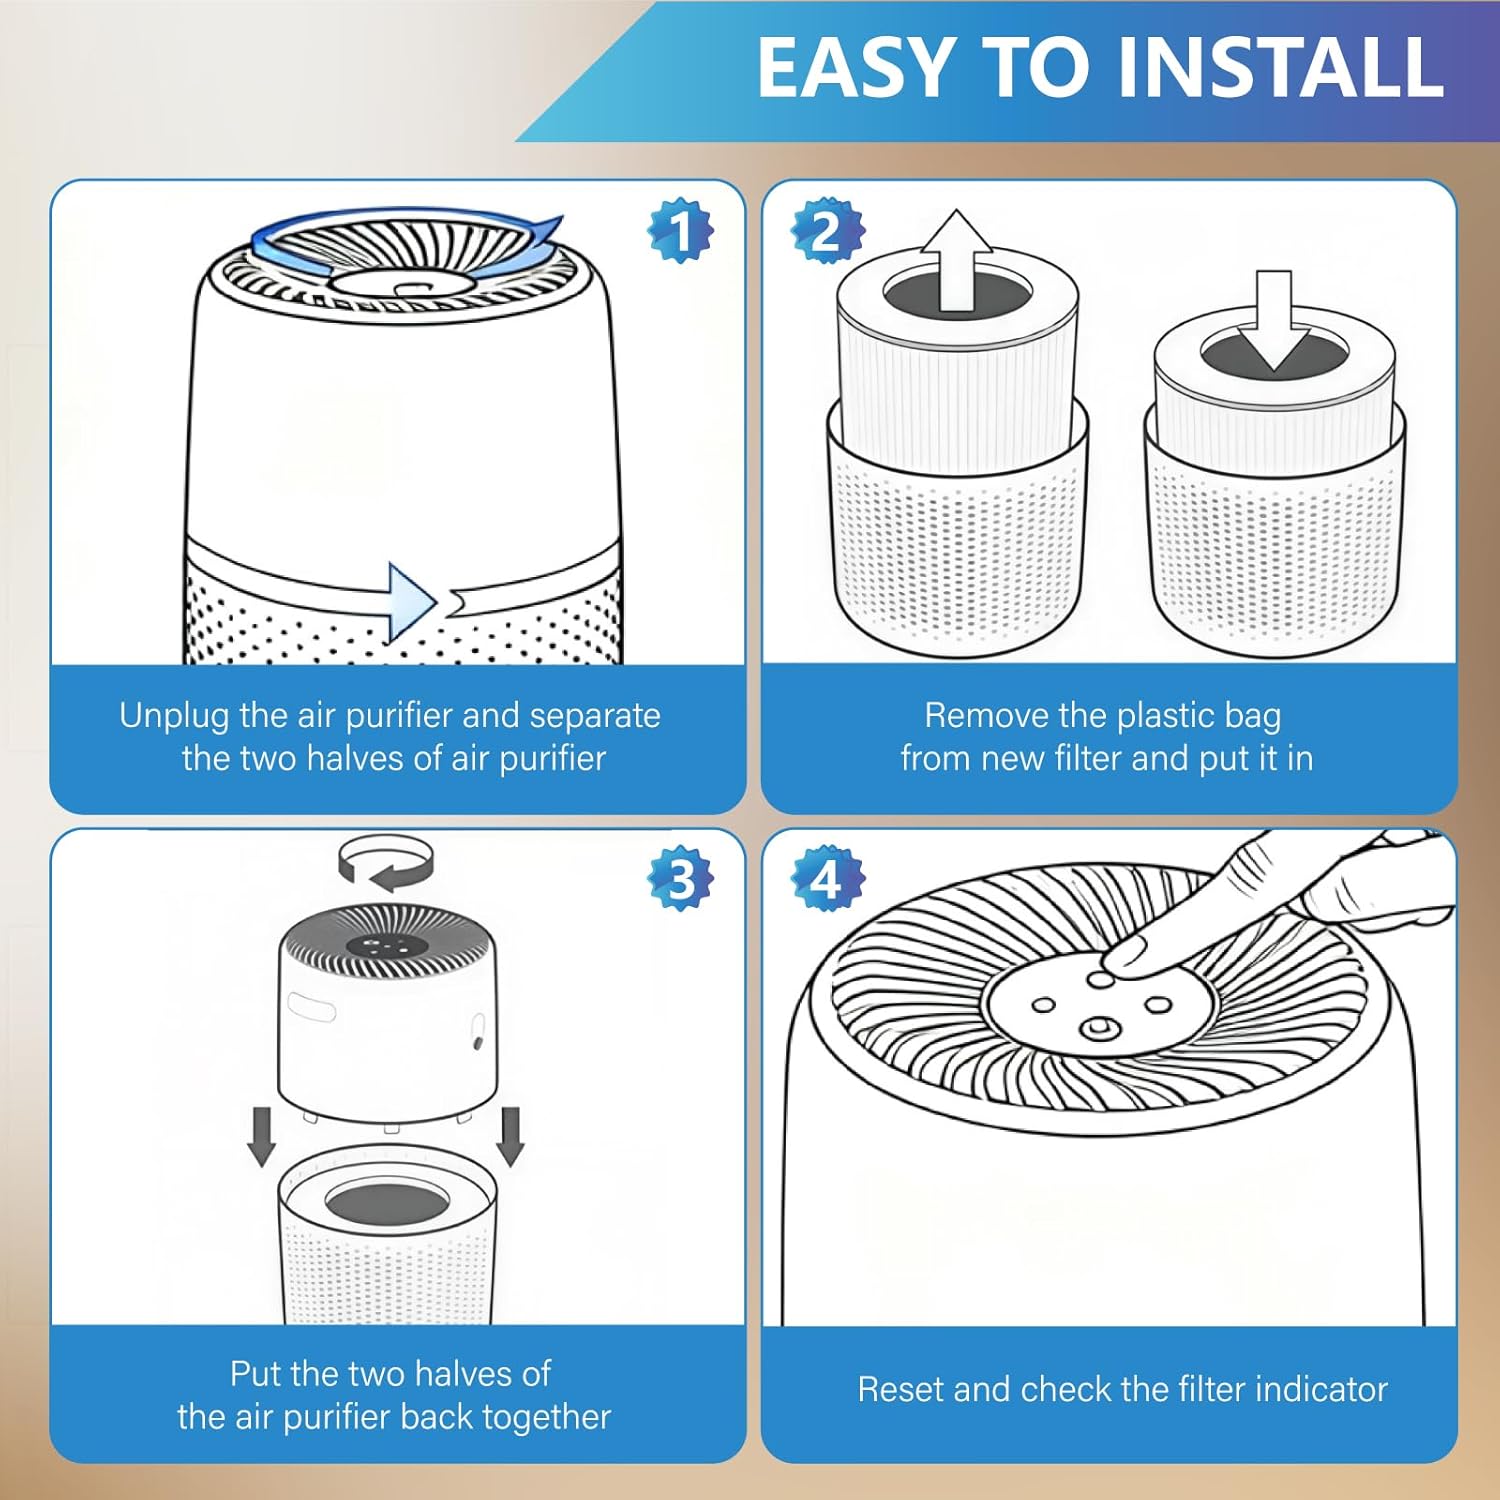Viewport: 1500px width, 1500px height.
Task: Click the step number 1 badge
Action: (x=681, y=231)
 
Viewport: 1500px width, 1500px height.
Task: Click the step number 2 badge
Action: (x=827, y=231)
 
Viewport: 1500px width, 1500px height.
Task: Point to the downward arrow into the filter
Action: (x=1273, y=320)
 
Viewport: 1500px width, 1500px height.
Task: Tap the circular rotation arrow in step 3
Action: (x=386, y=863)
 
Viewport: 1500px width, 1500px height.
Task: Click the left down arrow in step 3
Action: (x=262, y=1136)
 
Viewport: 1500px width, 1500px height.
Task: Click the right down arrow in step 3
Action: (x=511, y=1136)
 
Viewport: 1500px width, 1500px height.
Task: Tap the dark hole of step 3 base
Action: (x=386, y=1203)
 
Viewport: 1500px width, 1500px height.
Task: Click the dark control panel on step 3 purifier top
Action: (x=387, y=946)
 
